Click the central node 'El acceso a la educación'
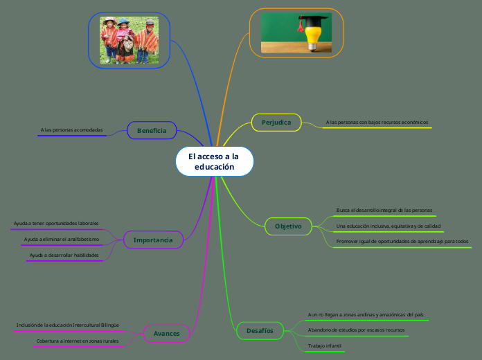(x=215, y=161)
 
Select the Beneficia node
(x=152, y=130)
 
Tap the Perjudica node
(x=276, y=123)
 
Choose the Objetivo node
(x=288, y=226)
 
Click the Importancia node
(x=153, y=240)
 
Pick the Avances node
(x=167, y=334)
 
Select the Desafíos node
(x=260, y=331)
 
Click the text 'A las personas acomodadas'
(x=71, y=130)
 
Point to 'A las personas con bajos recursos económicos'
(x=377, y=123)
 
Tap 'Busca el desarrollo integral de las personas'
(x=384, y=210)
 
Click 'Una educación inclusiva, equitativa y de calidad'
(x=389, y=226)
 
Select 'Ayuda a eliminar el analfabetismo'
(x=62, y=239)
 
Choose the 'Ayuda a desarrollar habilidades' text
(x=64, y=255)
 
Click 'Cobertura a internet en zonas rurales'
(x=78, y=341)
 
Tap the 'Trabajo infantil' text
(x=325, y=346)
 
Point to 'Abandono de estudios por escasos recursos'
(x=356, y=330)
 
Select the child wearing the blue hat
(x=125, y=41)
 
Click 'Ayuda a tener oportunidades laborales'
(x=56, y=224)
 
